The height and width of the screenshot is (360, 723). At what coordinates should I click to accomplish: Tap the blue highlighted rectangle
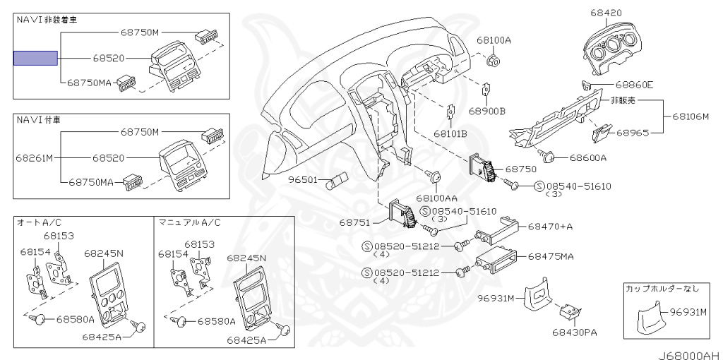click(x=35, y=58)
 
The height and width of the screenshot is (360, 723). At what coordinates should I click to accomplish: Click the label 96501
click(x=304, y=179)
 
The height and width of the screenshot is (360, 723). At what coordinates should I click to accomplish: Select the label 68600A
click(x=588, y=158)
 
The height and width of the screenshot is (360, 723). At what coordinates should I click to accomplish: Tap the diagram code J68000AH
click(x=689, y=355)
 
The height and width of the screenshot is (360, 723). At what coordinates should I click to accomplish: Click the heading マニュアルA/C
click(x=189, y=222)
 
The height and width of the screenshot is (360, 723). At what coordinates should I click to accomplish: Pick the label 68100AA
click(x=436, y=198)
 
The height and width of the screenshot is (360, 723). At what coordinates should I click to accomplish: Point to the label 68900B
click(x=487, y=111)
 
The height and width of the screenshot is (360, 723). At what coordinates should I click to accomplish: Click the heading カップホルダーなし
click(x=662, y=289)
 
